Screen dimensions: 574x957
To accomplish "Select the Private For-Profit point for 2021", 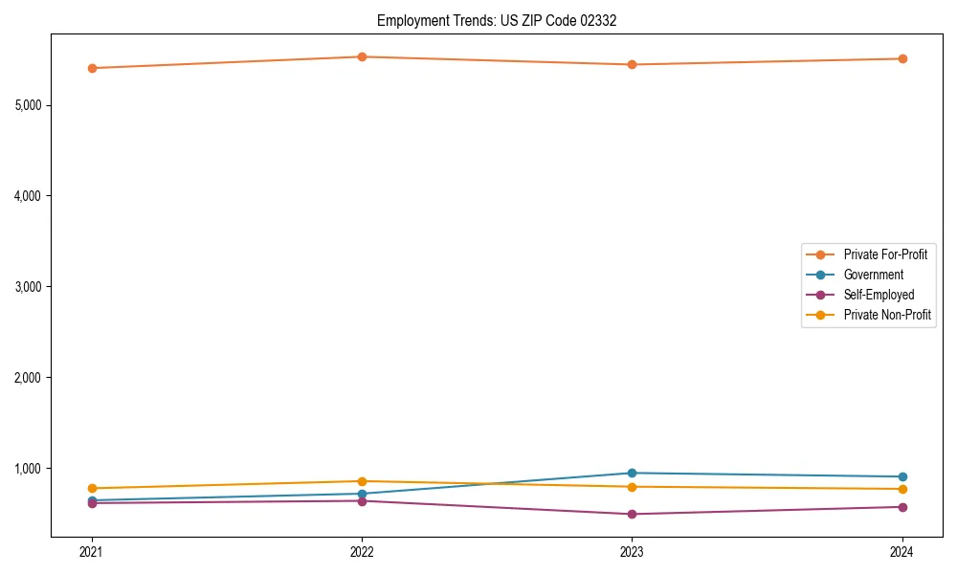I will pyautogui.click(x=92, y=68).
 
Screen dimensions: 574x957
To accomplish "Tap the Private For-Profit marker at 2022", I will pyautogui.click(x=362, y=56).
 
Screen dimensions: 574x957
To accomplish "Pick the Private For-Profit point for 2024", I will pyautogui.click(x=902, y=58).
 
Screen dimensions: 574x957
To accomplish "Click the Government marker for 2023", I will pyautogui.click(x=633, y=473).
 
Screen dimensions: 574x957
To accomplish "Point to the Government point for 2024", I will pyautogui.click(x=902, y=476).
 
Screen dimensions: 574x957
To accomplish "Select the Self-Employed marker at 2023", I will pyautogui.click(x=633, y=514).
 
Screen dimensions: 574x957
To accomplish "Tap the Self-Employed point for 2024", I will pyautogui.click(x=902, y=507).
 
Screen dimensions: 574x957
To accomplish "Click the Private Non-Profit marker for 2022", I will pyautogui.click(x=362, y=481).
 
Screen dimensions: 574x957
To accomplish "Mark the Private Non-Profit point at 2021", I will pyautogui.click(x=92, y=488).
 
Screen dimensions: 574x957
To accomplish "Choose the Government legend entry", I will pyautogui.click(x=873, y=275).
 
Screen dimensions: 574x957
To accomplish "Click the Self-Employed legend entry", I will pyautogui.click(x=879, y=295).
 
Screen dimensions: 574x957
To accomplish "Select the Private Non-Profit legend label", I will pyautogui.click(x=887, y=315).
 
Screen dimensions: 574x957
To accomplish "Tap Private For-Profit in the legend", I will pyautogui.click(x=885, y=254).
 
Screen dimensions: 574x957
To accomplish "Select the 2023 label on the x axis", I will pyautogui.click(x=633, y=552).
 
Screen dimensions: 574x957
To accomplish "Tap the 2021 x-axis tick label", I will pyautogui.click(x=92, y=552).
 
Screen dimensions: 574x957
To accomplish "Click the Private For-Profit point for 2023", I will pyautogui.click(x=633, y=64).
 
